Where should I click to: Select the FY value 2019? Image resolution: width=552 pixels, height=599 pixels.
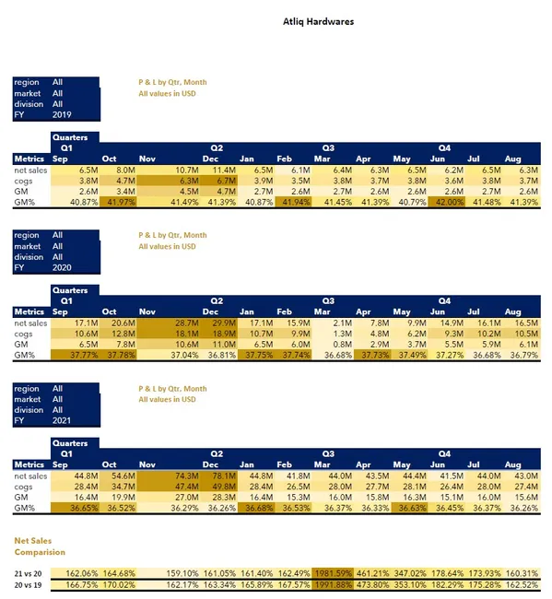coord(63,115)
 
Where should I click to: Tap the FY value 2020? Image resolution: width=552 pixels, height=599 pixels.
coord(63,268)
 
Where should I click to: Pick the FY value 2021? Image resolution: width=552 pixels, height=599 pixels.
coord(63,421)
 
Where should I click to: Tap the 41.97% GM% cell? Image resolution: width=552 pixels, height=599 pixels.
coord(118,202)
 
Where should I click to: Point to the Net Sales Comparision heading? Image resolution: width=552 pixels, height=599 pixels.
coord(40,546)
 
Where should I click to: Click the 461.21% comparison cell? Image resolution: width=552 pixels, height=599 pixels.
coord(372,571)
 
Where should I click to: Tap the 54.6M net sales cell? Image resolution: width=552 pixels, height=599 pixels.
coord(120,476)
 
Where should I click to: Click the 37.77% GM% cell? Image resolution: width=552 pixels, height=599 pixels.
coord(81,354)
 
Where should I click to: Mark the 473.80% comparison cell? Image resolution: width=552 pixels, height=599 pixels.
coord(372,584)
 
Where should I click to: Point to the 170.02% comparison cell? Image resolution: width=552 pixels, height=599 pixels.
coord(118,584)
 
